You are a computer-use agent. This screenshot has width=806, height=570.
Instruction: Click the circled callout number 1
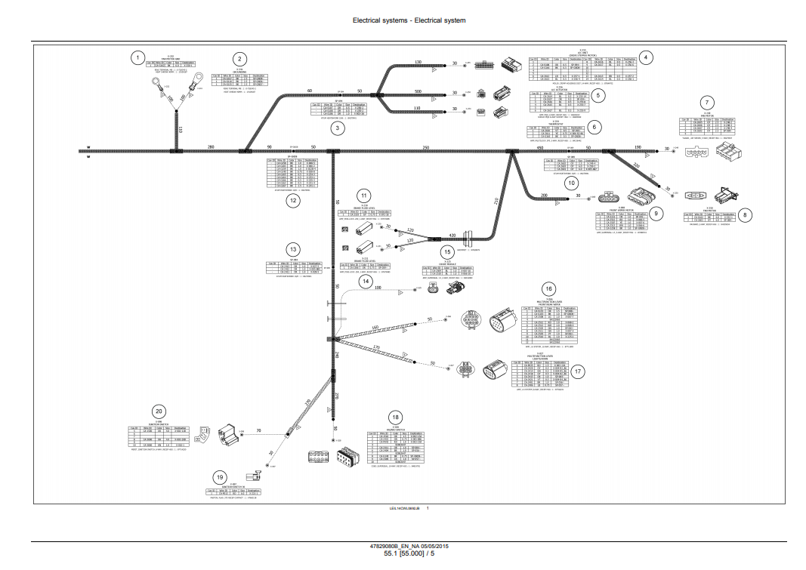(137, 57)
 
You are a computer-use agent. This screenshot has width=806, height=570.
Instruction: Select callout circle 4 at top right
(646, 57)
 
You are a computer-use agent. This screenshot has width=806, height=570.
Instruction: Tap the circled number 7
(707, 103)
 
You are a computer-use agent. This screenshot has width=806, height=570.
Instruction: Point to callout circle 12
(292, 200)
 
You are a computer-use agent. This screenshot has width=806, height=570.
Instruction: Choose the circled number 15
(447, 252)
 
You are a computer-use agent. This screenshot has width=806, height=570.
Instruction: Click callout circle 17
(578, 371)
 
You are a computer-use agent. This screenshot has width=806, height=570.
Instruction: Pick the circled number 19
(219, 477)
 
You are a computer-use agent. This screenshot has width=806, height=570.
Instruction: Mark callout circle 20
(158, 411)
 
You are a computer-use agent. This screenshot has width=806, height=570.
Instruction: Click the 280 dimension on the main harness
(211, 146)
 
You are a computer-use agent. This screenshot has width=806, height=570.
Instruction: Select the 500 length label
(418, 91)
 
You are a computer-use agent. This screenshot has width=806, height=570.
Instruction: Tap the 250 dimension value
(426, 146)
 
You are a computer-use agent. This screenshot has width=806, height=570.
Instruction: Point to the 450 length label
(540, 147)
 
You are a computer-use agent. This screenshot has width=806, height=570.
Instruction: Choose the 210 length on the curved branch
(496, 202)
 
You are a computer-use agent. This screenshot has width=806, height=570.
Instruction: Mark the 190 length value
(638, 147)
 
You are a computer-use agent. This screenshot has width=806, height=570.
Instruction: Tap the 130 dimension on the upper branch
(418, 62)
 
